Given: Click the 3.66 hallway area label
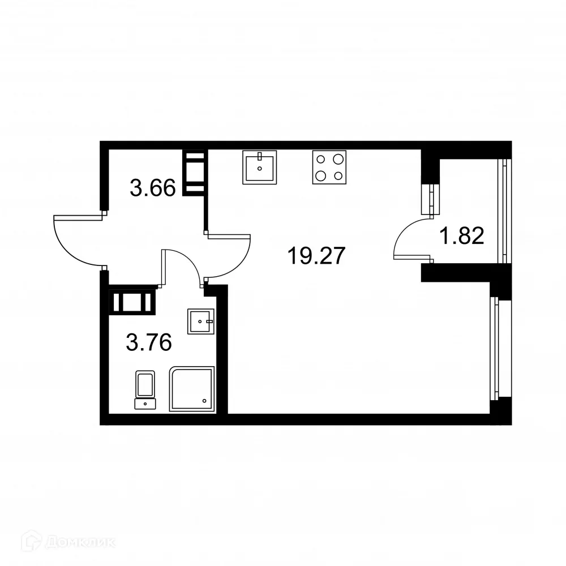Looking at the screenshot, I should point(152,187).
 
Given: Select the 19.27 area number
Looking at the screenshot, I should point(316,256).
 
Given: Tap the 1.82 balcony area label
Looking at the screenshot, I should point(462,235).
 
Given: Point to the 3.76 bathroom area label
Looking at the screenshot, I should point(149,342).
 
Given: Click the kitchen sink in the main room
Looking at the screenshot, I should point(260,167).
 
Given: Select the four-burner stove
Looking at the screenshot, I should point(329,167).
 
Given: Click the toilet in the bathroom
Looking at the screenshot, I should point(145,389).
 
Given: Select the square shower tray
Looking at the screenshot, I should point(193,388).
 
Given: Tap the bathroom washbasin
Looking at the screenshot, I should point(200,321).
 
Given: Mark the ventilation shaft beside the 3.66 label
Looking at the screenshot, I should point(194,173).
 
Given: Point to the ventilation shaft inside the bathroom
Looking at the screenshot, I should point(132,301).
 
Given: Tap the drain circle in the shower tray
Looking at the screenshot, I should point(205,400).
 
